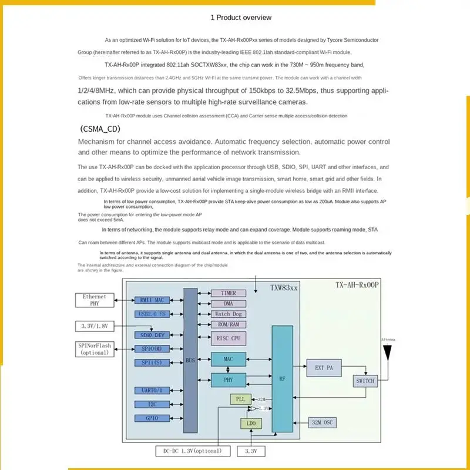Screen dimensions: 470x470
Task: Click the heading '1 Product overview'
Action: tap(241, 18)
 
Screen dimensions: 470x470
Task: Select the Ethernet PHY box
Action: tap(95, 300)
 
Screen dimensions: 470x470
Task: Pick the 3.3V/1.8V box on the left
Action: tap(95, 326)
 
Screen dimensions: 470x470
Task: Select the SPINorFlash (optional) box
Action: tap(95, 349)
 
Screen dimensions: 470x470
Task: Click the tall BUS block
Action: tap(190, 360)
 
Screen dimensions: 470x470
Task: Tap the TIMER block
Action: tap(229, 293)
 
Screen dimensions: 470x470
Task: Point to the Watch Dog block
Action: tap(229, 314)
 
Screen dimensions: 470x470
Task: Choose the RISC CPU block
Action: tap(229, 338)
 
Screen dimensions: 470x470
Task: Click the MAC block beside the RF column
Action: tap(229, 358)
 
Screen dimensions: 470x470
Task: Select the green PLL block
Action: tap(240, 399)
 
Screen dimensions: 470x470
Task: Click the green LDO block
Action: tap(251, 423)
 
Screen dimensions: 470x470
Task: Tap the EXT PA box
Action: tap(324, 368)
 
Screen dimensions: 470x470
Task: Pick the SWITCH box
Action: tap(365, 381)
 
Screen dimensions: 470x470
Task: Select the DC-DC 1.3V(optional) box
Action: tap(189, 451)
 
